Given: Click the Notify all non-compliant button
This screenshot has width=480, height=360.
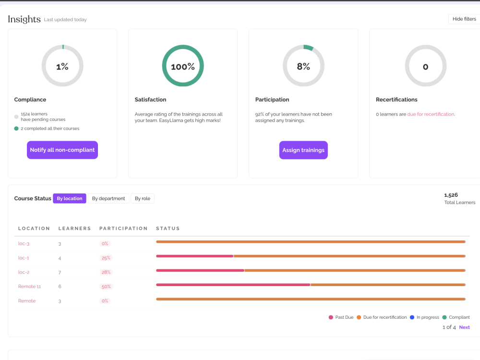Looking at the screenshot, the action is (x=62, y=150).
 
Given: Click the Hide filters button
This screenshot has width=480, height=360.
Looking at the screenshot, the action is (x=464, y=19).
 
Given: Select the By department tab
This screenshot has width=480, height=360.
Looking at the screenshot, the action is (x=108, y=198).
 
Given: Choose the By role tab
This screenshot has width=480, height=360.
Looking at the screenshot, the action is (x=143, y=198).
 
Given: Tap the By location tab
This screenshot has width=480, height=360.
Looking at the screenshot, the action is (x=70, y=198).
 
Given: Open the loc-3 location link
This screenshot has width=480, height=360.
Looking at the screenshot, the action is (x=24, y=244).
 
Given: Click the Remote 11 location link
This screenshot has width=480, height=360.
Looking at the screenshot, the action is (x=29, y=287).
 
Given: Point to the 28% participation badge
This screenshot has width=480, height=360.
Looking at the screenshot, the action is (x=106, y=272).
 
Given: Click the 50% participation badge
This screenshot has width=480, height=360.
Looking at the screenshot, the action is (x=106, y=287).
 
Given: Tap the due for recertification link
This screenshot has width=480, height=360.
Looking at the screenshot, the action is (x=431, y=114).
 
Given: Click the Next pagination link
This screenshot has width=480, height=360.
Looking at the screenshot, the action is (x=464, y=327).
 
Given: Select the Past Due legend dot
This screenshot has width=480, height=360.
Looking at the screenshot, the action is (x=331, y=317).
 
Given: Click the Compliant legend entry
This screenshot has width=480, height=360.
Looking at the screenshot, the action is (x=456, y=317).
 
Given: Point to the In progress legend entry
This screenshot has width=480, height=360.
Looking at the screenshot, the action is (x=424, y=317).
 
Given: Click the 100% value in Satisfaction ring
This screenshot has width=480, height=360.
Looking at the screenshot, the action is (x=183, y=67).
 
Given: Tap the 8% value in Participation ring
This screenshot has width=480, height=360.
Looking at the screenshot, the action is (x=303, y=66).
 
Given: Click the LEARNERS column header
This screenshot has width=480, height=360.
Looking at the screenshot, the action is (x=75, y=228).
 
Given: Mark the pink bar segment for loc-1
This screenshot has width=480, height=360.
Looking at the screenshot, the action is (x=195, y=256).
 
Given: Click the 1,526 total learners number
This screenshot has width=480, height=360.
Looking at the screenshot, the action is (x=451, y=195).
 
